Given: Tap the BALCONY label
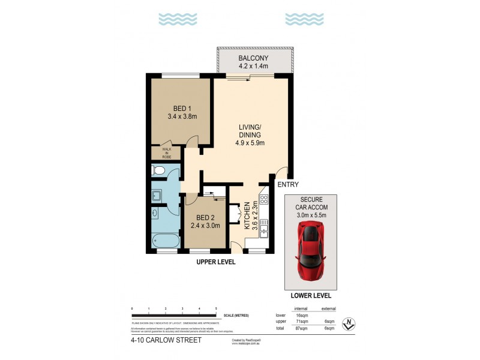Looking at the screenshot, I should coord(254,58).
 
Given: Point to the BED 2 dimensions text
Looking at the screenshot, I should coord(205,226).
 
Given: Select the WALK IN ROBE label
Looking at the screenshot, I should coord(160,152).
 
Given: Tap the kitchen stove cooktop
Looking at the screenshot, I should coord(263,200).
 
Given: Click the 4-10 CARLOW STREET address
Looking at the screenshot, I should coord(165,340).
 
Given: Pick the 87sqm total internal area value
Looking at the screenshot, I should coord(301,329).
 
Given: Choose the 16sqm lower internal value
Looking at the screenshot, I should coord(301,314).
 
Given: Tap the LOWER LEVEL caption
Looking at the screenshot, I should coord(310,296).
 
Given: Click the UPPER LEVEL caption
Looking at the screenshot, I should coord(216,262).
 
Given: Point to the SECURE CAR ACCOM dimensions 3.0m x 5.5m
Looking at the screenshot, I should coord(310,212).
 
